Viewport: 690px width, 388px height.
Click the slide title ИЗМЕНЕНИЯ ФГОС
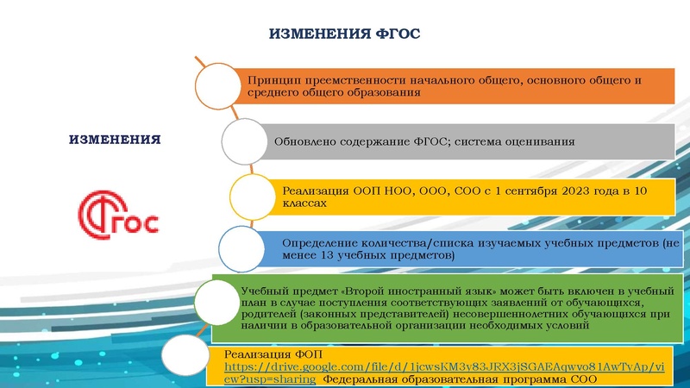click(x=345, y=34)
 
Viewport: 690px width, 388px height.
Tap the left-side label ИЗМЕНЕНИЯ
click(x=115, y=139)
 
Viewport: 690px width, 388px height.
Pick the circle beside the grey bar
click(x=247, y=141)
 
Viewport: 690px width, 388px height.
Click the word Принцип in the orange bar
click(x=270, y=80)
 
